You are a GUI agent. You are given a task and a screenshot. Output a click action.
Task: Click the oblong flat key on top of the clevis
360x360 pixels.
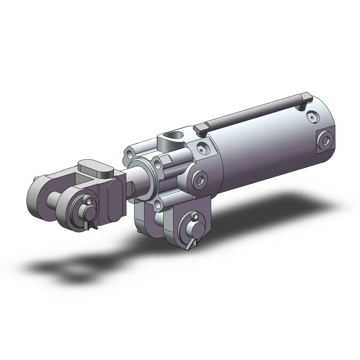pyautogui.click(x=95, y=168)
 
